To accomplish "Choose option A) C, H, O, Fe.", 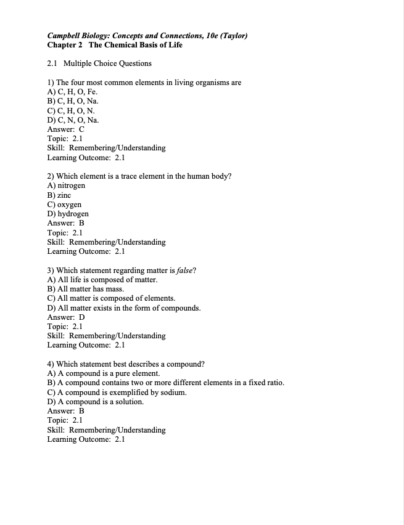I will click(72, 92).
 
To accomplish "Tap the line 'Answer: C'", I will click(65, 129).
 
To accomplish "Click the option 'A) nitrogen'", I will click(66, 185).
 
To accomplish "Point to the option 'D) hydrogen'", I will click(68, 214).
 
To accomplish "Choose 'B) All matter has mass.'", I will click(86, 289).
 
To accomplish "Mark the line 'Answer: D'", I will click(66, 317).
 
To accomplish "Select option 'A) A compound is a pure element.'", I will click(104, 373).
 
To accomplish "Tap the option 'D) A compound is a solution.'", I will click(96, 402).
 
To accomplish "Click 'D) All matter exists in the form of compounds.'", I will click(124, 307).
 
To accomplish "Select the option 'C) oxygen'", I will click(64, 205).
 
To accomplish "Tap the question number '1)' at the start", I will click(51, 83).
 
